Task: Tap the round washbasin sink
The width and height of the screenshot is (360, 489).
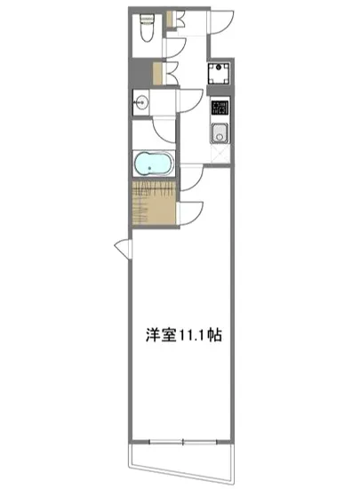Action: [x=140, y=103]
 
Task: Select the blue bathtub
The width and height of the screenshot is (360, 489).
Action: [x=152, y=164]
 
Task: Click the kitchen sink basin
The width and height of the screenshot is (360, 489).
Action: [x=220, y=135]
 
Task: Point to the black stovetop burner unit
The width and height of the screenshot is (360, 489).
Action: [x=220, y=111]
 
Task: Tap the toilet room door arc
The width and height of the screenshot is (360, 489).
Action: [x=174, y=44]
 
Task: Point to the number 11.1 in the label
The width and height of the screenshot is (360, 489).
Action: [x=193, y=337]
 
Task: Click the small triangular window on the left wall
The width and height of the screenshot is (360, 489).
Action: [x=123, y=249]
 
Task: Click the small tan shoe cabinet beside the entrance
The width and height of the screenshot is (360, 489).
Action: [x=158, y=72]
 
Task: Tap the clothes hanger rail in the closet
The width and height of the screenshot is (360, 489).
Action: [x=154, y=189]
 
